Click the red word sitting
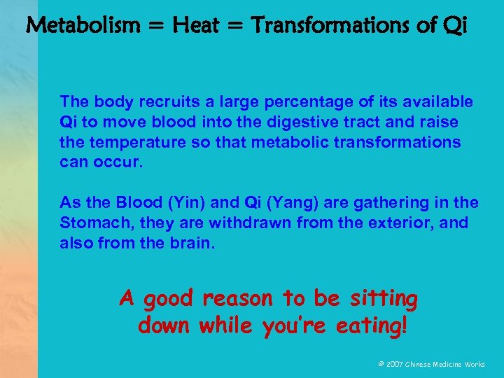pos(381,300)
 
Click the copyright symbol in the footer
pos(381,364)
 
